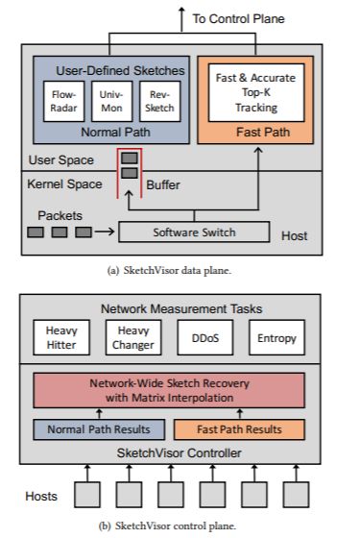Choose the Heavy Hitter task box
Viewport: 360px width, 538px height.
(61, 337)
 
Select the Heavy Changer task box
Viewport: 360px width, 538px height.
(132, 337)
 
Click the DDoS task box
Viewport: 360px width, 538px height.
(204, 338)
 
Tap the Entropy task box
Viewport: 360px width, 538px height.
(277, 338)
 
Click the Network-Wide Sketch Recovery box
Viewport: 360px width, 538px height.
(169, 388)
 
